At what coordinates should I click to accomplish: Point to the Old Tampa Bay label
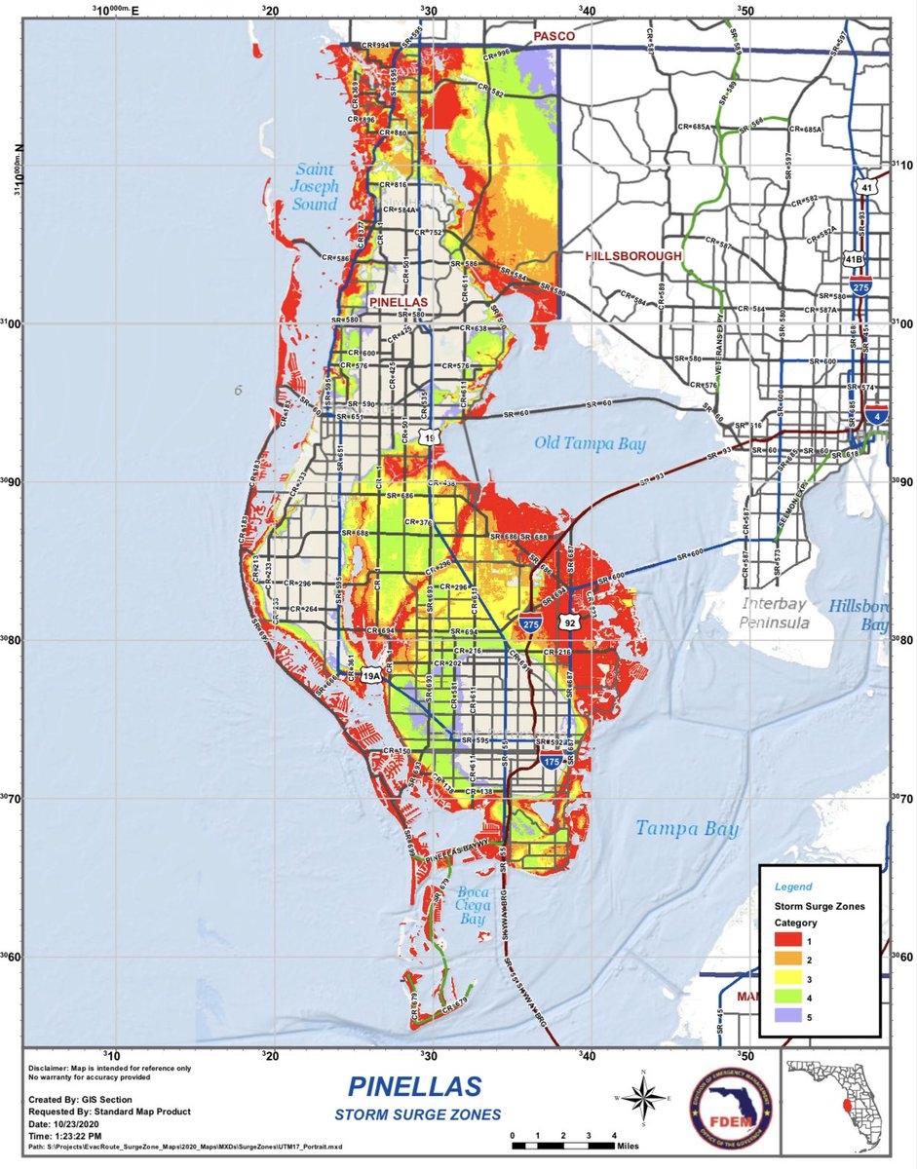(591, 444)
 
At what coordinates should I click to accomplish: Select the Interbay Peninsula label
(774, 613)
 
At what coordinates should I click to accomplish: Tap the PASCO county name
(553, 36)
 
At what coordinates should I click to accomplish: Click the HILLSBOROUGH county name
(633, 255)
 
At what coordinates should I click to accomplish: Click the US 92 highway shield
(570, 622)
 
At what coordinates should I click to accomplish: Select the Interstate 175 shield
(551, 763)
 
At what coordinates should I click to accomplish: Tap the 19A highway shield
(371, 675)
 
